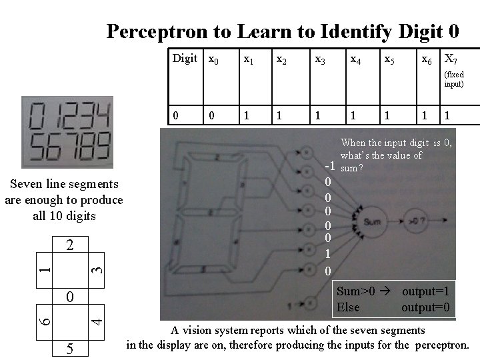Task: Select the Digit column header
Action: coord(185,59)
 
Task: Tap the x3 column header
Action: coord(320,59)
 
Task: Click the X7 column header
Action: coord(451,59)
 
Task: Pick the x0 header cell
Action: coord(213,59)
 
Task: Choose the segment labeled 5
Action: coord(69,348)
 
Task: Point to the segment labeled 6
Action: coord(43,319)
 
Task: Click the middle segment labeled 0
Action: coord(69,295)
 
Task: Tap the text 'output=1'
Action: coord(425,291)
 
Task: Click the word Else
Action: coord(348,307)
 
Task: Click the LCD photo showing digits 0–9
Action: coord(67,132)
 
